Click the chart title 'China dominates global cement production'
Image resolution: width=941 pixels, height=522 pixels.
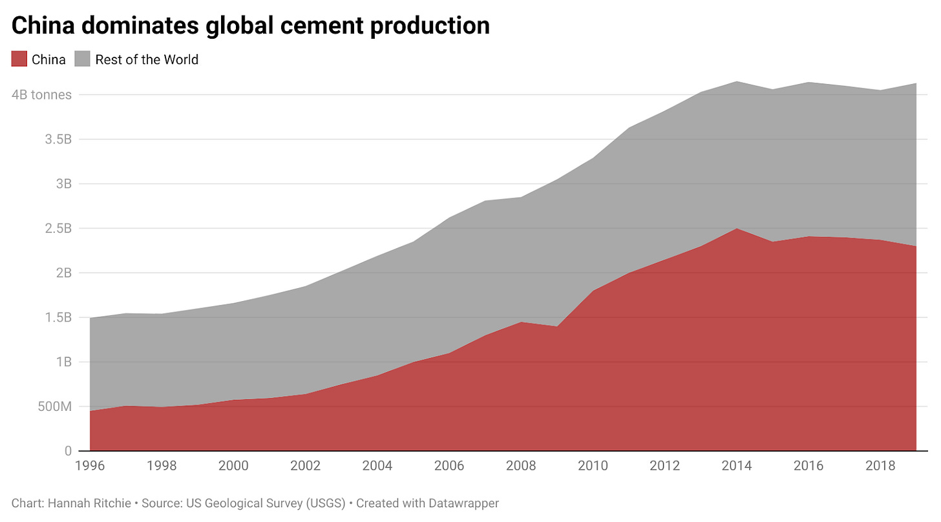[250, 26]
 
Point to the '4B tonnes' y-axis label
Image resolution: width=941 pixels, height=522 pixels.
[41, 95]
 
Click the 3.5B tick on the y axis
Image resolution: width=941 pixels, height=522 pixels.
[59, 140]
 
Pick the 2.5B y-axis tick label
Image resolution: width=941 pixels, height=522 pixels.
[59, 229]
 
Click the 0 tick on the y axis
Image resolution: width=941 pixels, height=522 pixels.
[67, 451]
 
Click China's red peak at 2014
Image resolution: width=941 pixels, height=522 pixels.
[737, 229]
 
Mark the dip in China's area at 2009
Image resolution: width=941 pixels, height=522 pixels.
[557, 327]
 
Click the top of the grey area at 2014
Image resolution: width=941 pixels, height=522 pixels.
[737, 82]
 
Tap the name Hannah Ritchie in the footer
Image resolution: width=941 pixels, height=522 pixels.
[82, 503]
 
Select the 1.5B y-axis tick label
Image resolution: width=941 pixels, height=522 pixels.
[59, 318]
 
